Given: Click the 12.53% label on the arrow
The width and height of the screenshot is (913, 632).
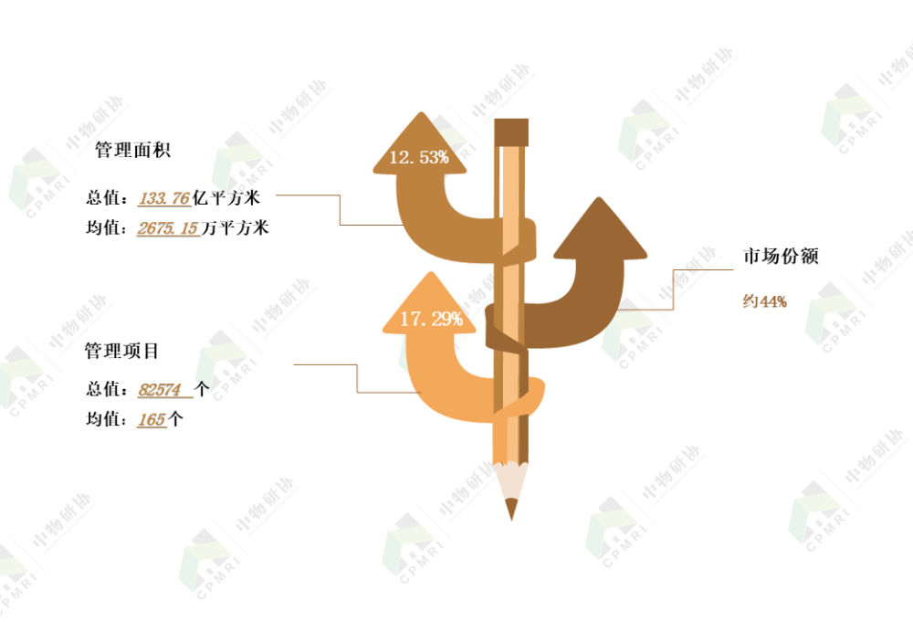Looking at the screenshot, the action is coord(419,157).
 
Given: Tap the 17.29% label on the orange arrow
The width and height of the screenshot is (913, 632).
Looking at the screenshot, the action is coord(432,319).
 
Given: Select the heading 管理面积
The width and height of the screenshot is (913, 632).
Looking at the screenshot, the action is coord(132,150).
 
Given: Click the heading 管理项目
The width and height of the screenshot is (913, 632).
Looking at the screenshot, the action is coord(121,351).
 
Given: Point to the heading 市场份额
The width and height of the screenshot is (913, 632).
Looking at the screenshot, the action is coord(781,256).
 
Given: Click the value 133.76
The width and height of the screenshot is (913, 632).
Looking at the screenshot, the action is coord(164,198).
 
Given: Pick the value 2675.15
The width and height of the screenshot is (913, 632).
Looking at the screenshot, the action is coord(168,227).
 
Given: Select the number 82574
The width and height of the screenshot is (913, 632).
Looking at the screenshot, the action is coord(160,389).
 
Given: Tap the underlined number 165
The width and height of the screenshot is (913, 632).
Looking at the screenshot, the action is coord(152,419).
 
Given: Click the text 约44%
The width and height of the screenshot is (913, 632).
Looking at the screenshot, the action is coord(764,301).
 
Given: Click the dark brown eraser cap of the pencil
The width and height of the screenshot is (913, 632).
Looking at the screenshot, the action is coord(511,132).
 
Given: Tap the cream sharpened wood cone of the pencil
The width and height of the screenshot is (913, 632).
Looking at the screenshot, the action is coord(511,481).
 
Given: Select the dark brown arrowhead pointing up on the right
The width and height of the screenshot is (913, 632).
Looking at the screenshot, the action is coord(600,230).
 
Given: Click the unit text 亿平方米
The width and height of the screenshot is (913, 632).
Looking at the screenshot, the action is coord(226,198).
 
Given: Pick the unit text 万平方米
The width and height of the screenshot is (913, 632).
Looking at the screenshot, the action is coord(235,227).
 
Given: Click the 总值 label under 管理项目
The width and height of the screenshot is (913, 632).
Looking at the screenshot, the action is coord(104,389).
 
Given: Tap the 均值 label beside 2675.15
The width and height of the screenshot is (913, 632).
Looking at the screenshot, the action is coord(104,227).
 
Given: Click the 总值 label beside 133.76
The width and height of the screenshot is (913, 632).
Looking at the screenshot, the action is coord(104,198).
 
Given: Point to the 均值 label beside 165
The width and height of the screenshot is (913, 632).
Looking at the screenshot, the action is coord(104,419).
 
